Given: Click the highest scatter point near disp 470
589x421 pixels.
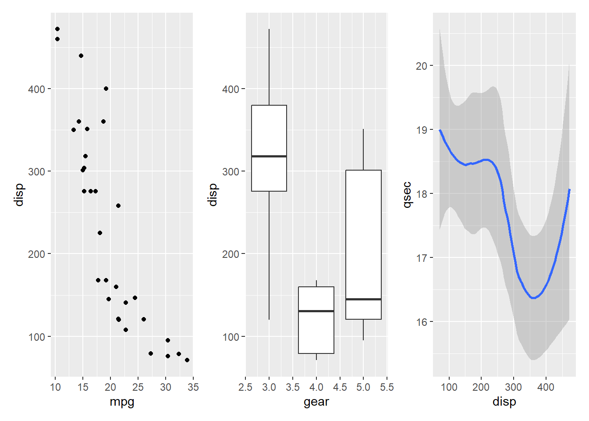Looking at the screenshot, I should point(57,29).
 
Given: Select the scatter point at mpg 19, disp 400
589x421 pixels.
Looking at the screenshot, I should point(106,89).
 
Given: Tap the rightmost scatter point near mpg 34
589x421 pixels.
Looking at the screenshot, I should point(187,360).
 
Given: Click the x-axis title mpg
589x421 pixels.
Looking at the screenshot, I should point(122,402).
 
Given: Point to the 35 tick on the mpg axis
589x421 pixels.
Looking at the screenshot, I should point(193,387).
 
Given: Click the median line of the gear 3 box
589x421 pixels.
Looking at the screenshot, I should point(269,156).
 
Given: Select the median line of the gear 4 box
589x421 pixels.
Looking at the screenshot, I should point(316,311).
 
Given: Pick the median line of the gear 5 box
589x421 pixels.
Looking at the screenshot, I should point(363,299).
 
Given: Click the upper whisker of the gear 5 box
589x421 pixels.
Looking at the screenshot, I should point(363,149).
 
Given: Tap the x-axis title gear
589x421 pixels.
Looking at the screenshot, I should point(316,402).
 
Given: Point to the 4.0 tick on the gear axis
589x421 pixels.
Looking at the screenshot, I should point(316,387).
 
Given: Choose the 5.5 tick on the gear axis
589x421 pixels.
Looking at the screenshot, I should point(387,387).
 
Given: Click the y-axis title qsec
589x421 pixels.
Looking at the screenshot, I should point(407,194).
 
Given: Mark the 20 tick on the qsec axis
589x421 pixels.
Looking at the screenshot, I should point(422,66).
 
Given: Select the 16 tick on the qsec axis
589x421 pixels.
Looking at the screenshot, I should point(422,322).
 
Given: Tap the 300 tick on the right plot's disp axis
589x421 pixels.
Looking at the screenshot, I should point(513,387).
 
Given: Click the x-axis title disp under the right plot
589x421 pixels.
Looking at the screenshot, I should point(504,402).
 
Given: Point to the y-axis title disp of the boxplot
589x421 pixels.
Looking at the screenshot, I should point(213,194).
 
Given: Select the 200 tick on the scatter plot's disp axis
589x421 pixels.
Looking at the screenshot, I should point(37,254).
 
